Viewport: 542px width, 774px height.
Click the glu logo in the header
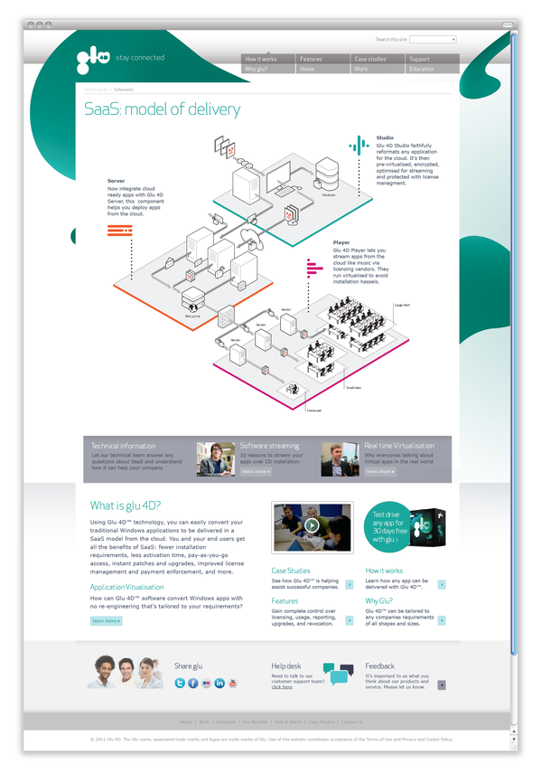pos(93,59)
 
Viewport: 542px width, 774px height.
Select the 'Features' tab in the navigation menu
pos(311,59)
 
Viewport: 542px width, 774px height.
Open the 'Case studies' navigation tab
pos(369,59)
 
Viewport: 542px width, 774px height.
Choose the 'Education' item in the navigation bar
pos(422,69)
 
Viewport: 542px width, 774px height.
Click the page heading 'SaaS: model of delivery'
pos(163,110)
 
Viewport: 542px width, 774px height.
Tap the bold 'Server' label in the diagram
pos(116,181)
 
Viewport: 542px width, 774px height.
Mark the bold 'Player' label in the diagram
pos(341,242)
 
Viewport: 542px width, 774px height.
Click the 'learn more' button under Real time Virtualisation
pos(379,471)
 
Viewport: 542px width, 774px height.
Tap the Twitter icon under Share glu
pos(180,683)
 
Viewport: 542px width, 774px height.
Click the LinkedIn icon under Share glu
pos(220,683)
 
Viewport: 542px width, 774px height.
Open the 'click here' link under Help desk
pos(282,687)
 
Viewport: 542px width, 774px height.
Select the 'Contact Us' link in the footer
pos(350,722)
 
